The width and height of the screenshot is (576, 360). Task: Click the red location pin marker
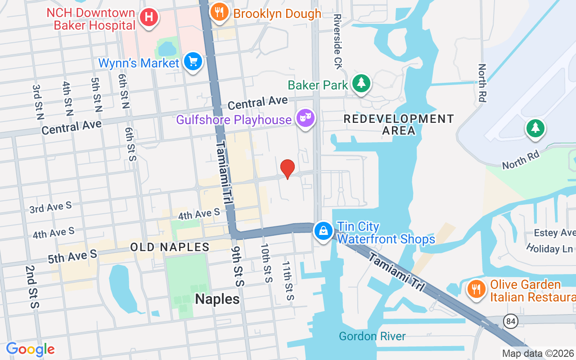click(x=288, y=169)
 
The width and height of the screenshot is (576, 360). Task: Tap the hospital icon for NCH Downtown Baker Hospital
click(x=149, y=18)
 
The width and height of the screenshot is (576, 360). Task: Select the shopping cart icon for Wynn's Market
click(x=193, y=62)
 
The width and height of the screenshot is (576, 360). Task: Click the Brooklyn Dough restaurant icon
click(x=219, y=12)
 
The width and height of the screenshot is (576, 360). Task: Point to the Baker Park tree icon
click(x=361, y=83)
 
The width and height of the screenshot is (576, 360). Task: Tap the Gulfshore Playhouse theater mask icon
click(x=306, y=118)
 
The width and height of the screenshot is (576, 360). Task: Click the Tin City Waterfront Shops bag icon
click(x=323, y=231)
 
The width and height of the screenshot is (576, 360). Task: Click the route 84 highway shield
click(x=511, y=321)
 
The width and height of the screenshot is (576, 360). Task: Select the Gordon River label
click(x=372, y=336)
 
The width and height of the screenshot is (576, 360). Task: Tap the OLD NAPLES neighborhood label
click(x=170, y=247)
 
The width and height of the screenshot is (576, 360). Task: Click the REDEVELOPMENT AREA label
click(x=399, y=125)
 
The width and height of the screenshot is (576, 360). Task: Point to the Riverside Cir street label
click(x=338, y=41)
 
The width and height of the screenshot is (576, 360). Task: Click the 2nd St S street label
click(x=32, y=287)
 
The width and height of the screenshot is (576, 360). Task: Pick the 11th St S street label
click(x=288, y=281)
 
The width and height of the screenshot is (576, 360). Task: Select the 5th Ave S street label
click(x=72, y=256)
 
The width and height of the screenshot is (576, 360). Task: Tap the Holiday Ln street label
click(x=549, y=248)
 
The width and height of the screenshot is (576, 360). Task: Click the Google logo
click(x=31, y=349)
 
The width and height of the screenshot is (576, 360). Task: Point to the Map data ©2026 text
click(x=538, y=353)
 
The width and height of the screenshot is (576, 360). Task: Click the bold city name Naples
click(x=217, y=299)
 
